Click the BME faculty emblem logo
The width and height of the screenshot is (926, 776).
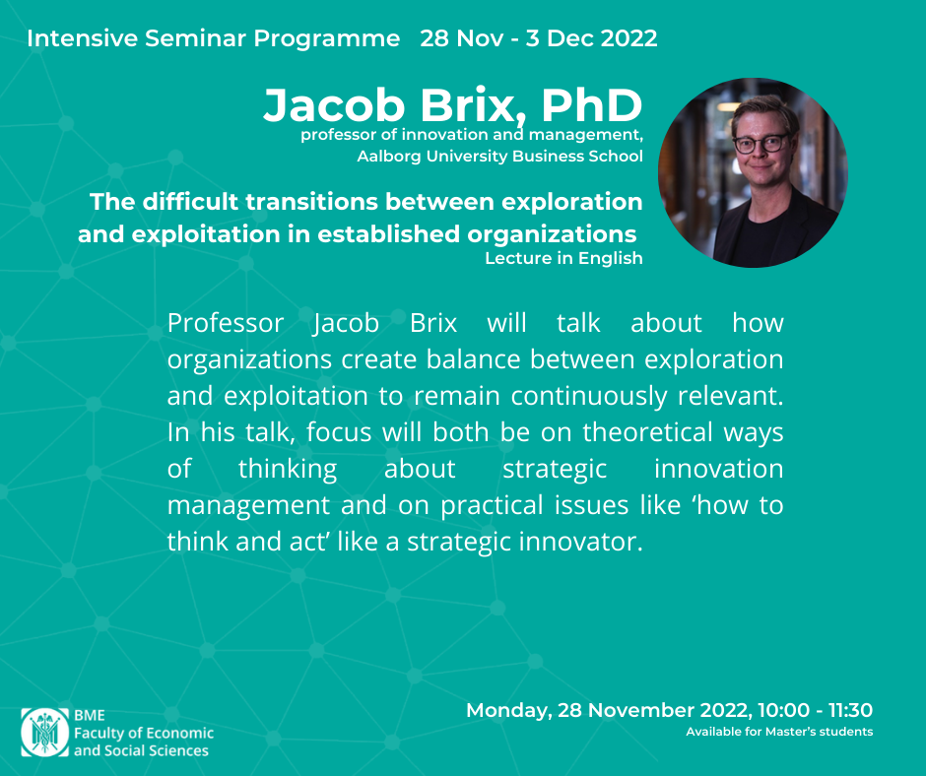45,733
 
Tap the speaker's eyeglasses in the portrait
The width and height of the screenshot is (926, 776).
761,144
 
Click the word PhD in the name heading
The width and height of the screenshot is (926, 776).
592,105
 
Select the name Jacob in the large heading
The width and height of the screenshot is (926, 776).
334,105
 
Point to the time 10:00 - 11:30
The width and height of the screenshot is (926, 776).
815,710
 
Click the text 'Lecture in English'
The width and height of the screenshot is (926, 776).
563,259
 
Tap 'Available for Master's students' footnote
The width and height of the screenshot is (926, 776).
779,732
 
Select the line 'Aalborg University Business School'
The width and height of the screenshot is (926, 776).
499,157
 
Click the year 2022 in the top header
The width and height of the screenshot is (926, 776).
628,38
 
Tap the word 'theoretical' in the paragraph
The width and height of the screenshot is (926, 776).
648,432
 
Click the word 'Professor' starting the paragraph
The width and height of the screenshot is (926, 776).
226,323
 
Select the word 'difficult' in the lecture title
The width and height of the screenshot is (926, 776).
191,202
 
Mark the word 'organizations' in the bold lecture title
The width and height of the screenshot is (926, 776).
552,235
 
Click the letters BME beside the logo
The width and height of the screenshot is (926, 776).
90,715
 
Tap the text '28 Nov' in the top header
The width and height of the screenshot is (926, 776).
462,38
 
